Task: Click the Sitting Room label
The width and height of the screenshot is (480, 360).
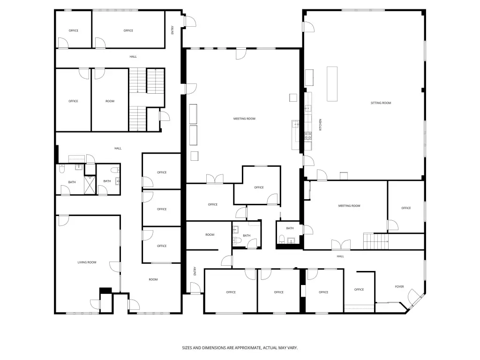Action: (x=381, y=103)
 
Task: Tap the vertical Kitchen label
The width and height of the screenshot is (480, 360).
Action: (x=321, y=125)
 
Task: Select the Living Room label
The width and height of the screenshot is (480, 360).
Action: (x=87, y=262)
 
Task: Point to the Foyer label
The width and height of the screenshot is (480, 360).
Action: (x=399, y=287)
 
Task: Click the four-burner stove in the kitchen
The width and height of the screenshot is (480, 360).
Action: (x=308, y=135)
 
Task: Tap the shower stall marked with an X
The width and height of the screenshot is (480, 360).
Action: (x=90, y=185)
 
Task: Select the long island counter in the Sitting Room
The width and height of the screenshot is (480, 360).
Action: (x=332, y=84)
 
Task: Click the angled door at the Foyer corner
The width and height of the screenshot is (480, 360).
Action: (x=416, y=298)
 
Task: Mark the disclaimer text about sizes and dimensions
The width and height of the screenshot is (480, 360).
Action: (x=240, y=348)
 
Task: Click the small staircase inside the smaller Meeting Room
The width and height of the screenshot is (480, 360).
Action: (x=376, y=241)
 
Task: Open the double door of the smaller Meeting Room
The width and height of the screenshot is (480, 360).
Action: (x=341, y=245)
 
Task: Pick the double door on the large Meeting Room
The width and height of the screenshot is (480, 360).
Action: (x=215, y=179)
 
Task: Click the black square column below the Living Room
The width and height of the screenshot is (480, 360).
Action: (x=105, y=291)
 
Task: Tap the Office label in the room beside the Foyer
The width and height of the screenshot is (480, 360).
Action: (x=359, y=290)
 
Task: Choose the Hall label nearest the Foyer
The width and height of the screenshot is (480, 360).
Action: (x=340, y=256)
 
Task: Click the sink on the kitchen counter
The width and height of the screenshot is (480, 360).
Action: (x=307, y=108)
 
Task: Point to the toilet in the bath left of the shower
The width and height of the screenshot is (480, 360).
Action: (x=62, y=169)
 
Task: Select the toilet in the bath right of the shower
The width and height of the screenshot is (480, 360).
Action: (x=115, y=170)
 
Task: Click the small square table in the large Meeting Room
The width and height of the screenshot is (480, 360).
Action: (x=293, y=97)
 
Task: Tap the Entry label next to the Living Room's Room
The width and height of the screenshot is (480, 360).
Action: (x=195, y=271)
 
